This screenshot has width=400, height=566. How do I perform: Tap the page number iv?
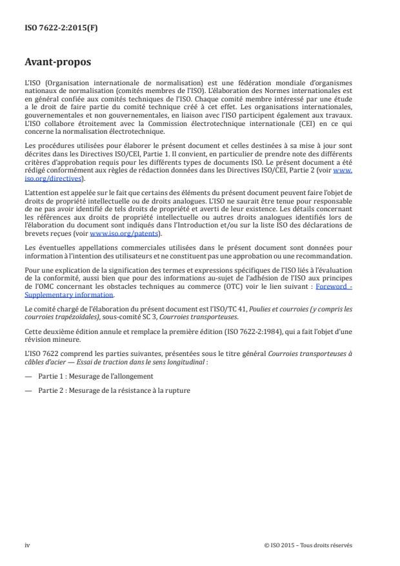pos(27,545)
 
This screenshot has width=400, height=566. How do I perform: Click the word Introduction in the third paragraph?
pos(208,225)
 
